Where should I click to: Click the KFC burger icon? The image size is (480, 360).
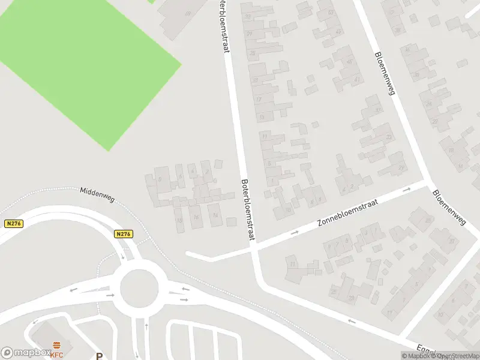point(57,344)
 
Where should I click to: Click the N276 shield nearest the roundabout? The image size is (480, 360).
point(124,234)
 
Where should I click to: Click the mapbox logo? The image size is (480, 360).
point(25,353)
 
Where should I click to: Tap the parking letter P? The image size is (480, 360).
point(99,356)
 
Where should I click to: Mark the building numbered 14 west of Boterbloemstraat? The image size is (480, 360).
point(215,215)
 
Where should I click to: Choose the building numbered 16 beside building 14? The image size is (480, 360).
point(196,217)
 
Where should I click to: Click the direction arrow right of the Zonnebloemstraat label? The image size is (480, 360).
point(406,190)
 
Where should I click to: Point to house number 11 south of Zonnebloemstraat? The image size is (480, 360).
point(293,264)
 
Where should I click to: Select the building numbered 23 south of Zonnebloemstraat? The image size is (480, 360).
point(350,298)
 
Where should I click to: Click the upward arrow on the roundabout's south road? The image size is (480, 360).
point(147,328)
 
